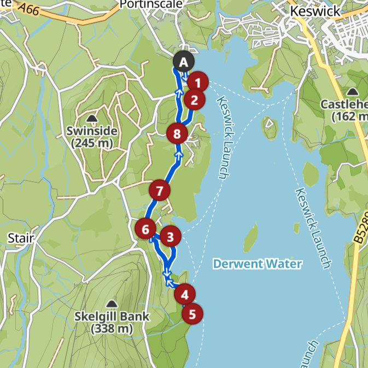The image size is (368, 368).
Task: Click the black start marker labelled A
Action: click(183, 62)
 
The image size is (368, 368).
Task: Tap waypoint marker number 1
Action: click(198, 83)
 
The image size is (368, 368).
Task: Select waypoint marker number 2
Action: click(194, 100)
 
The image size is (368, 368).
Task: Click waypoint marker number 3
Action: click(170, 237)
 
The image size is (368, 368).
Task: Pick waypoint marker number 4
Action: click(184, 295)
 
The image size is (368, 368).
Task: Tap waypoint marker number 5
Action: click(192, 314)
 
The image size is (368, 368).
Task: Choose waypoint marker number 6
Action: click(145, 229)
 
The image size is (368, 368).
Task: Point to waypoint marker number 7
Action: click(159, 191)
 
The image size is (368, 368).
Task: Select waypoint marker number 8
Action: click(176, 133)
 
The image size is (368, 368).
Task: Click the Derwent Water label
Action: click(257, 264)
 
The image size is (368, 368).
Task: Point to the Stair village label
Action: click(21, 238)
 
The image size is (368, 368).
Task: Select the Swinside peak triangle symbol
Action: click(91, 119)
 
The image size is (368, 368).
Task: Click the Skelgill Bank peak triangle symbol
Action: click(112, 303)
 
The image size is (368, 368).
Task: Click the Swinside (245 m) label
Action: click(91, 137)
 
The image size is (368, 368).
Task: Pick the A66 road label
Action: click(29, 8)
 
